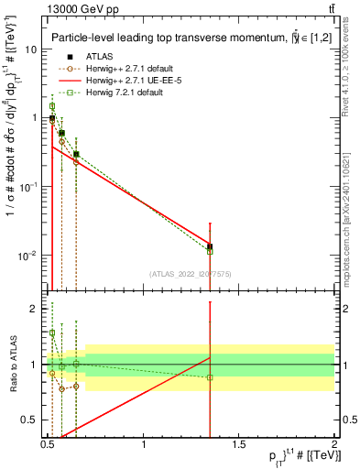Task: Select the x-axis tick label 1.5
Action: pyautogui.click(x=239, y=444)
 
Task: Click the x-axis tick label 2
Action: pyautogui.click(x=334, y=444)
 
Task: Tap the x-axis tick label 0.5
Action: pyautogui.click(x=49, y=444)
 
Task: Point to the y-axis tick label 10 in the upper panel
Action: pyautogui.click(x=29, y=49)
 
